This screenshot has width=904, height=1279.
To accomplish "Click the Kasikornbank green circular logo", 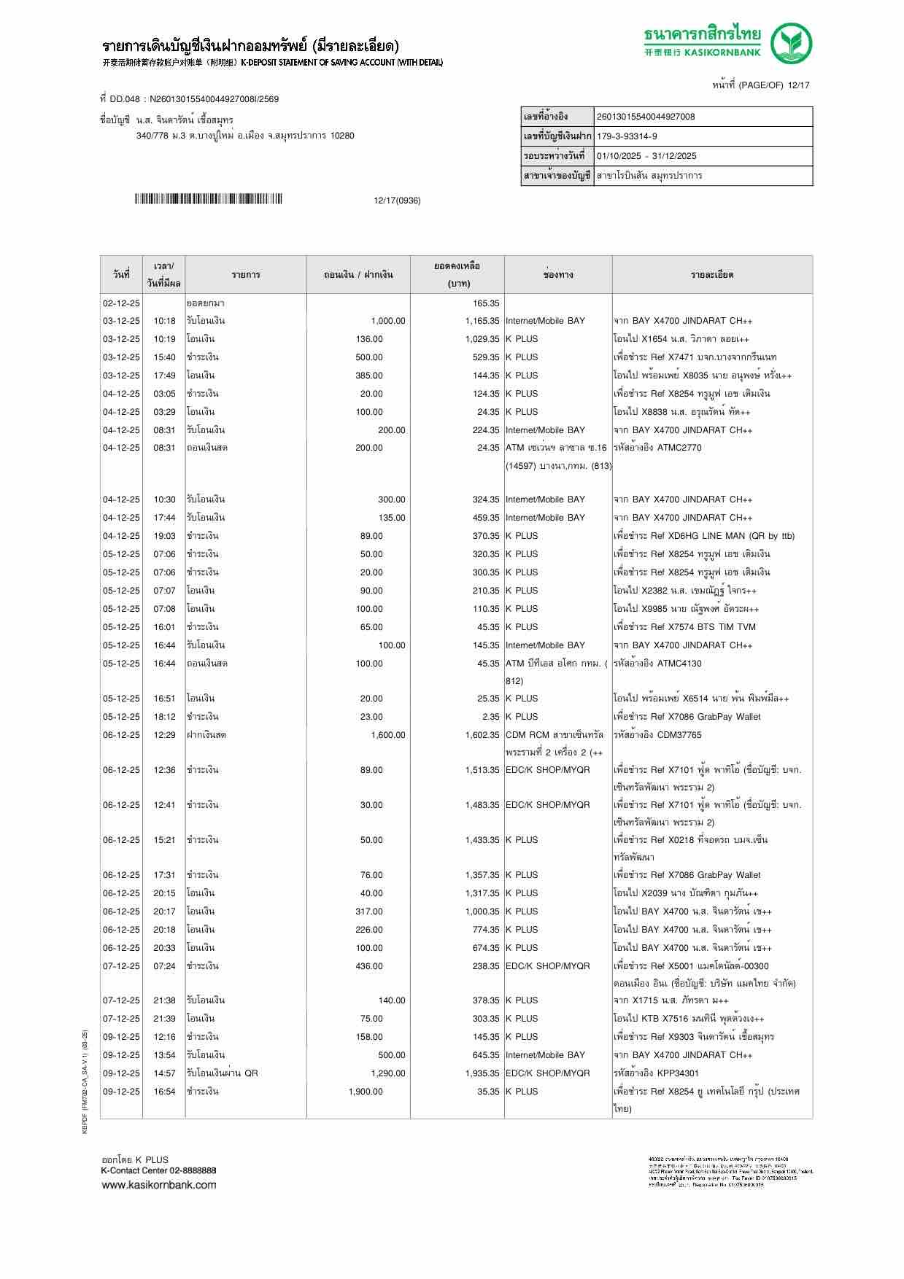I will click(792, 43).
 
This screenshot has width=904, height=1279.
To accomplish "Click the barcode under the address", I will click(208, 199).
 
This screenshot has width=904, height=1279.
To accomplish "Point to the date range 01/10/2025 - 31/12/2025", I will click(646, 156).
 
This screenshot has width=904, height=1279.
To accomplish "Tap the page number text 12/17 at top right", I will click(797, 85).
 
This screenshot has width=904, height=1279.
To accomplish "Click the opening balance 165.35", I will click(486, 303).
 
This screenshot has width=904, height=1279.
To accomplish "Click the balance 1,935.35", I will click(482, 1073).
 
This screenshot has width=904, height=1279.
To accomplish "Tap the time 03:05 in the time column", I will click(164, 394).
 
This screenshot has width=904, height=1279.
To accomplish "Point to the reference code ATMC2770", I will click(679, 448).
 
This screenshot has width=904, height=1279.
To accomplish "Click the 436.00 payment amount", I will click(371, 966).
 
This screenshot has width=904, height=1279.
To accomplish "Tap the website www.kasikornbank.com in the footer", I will click(159, 1185).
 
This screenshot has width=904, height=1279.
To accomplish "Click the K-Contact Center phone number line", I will click(158, 1170).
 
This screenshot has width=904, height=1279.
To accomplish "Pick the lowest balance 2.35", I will click(490, 717).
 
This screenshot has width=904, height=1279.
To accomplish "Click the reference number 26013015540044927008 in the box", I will click(645, 117).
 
